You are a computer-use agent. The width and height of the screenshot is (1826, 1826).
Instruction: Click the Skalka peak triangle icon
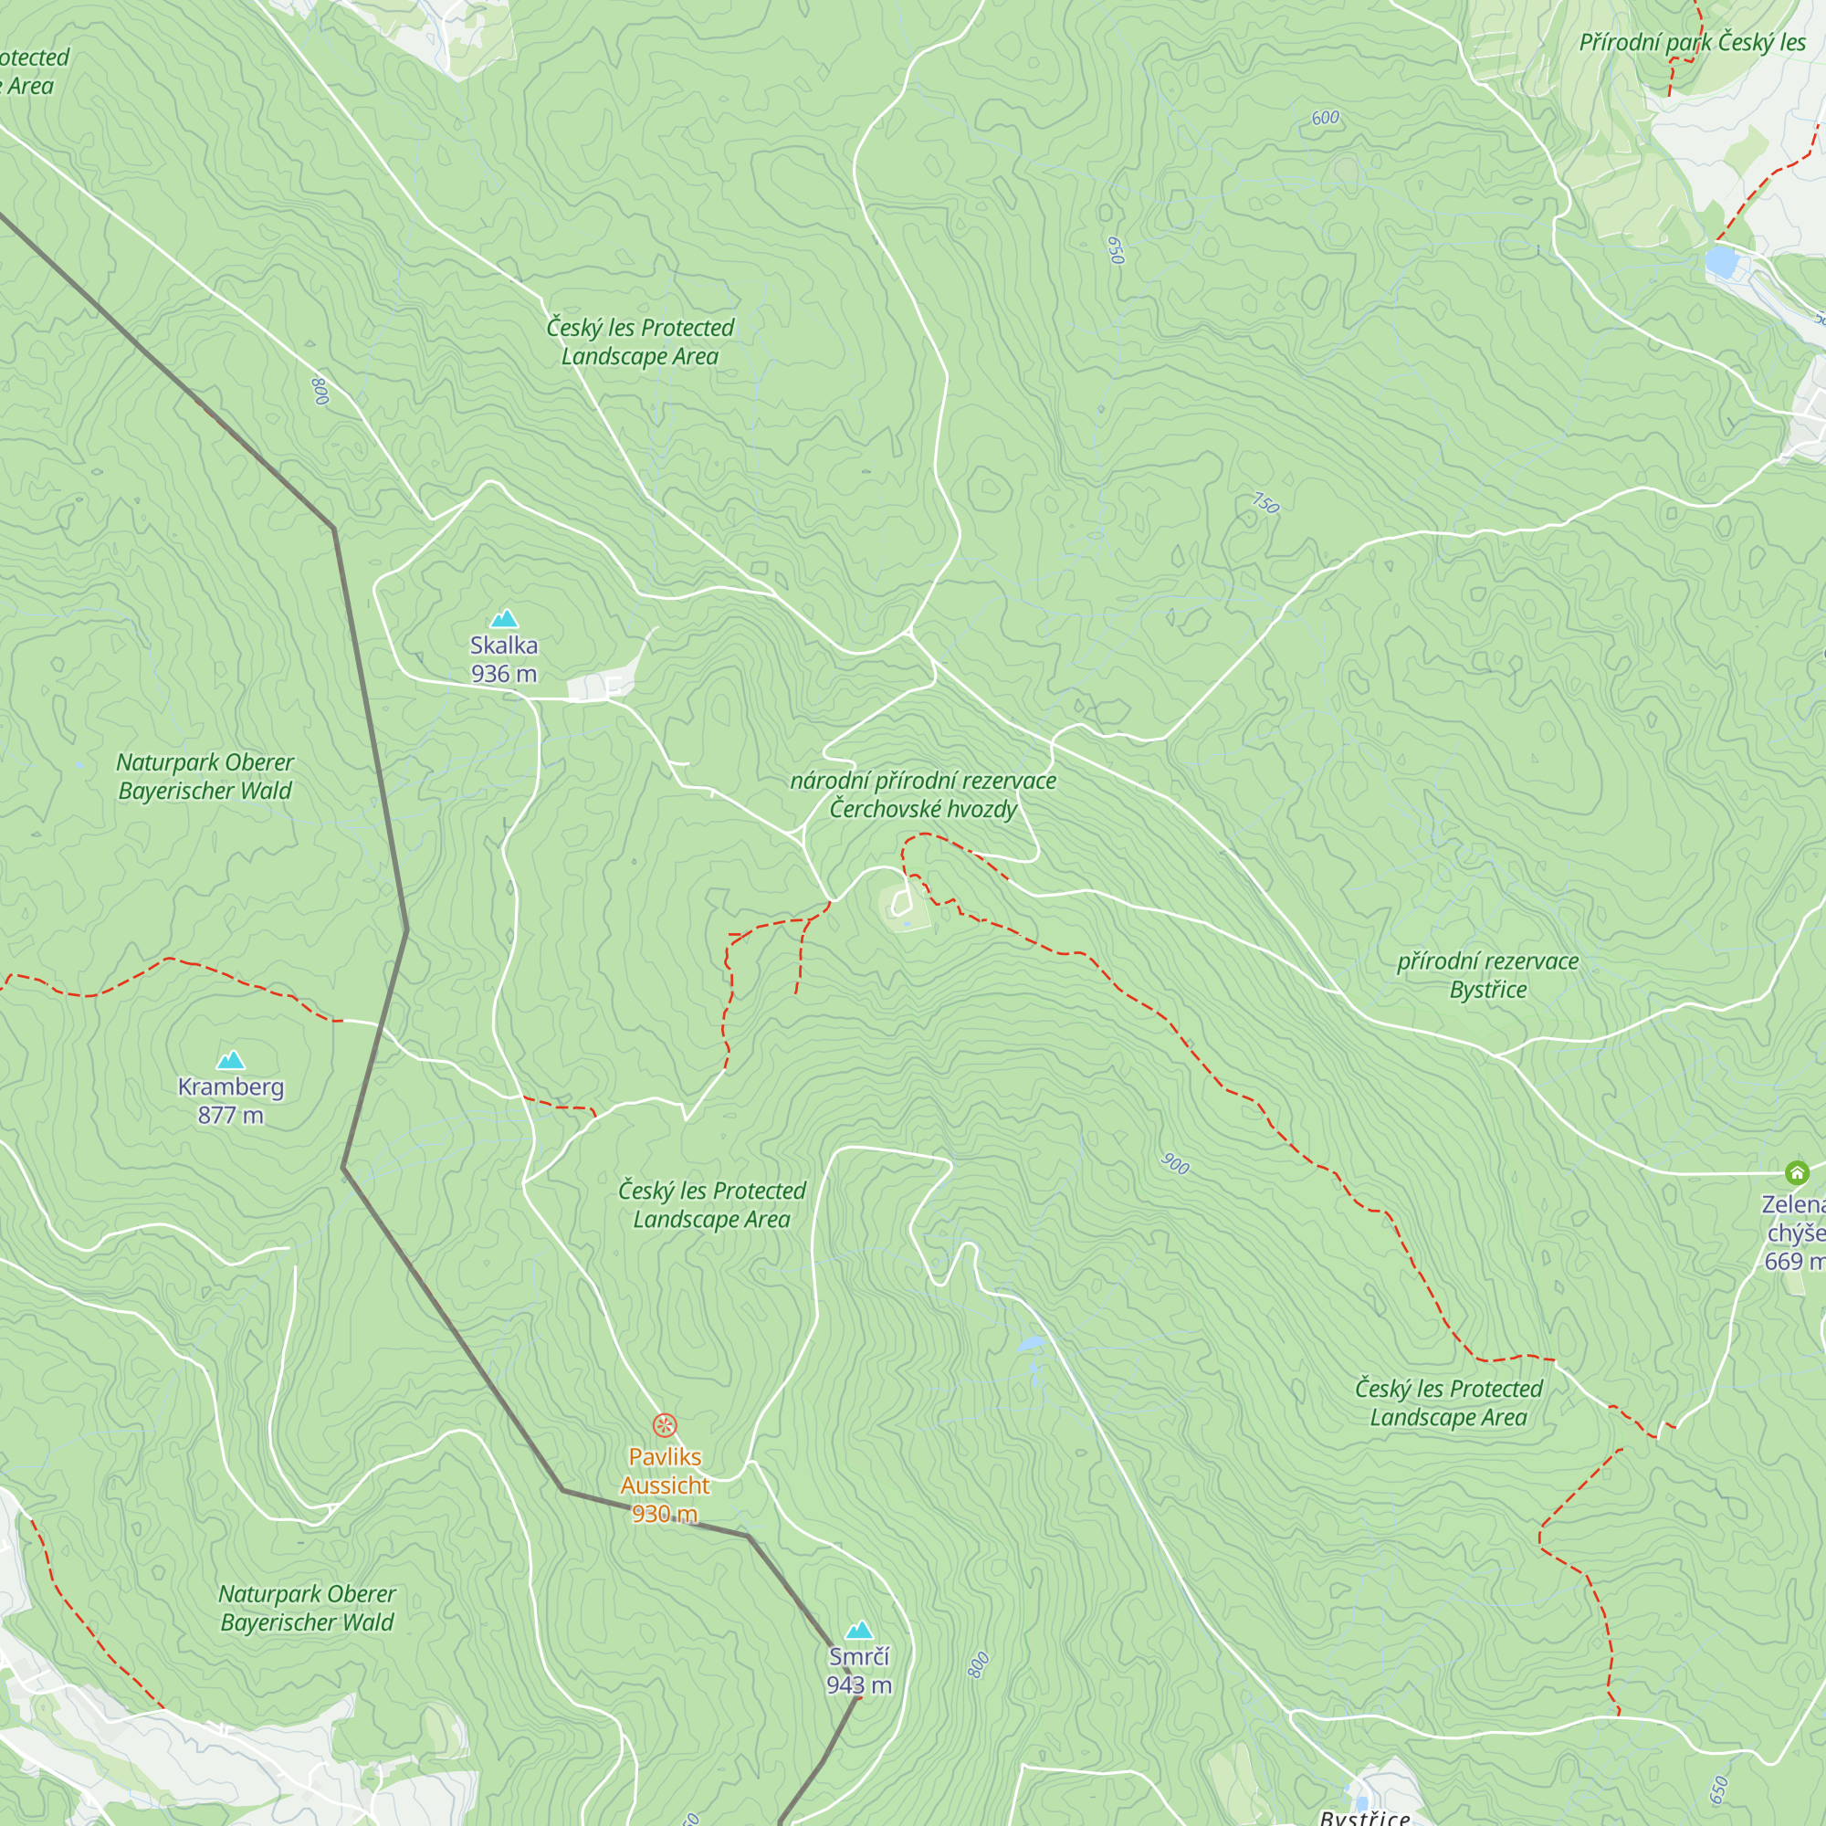(504, 619)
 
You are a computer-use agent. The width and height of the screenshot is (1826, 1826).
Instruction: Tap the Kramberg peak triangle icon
(231, 1060)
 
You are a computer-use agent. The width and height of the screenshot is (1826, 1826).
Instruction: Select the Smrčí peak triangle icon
(859, 1631)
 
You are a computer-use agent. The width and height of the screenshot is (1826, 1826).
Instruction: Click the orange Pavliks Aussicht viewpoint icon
(666, 1424)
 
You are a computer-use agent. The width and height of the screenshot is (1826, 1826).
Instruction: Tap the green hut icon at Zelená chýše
(1797, 1174)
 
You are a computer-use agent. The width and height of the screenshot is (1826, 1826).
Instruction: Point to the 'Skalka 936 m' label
(504, 660)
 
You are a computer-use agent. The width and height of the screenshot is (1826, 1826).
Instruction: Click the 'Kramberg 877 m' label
(231, 1101)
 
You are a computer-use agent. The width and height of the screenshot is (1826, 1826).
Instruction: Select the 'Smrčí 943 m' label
(859, 1671)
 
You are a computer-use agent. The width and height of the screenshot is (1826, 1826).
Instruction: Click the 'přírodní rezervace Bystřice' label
(1487, 975)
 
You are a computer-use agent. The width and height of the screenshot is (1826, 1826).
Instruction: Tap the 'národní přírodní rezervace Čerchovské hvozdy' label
(922, 795)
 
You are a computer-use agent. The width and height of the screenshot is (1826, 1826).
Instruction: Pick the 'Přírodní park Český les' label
(1692, 43)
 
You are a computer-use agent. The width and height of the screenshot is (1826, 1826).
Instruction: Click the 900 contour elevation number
(1175, 1164)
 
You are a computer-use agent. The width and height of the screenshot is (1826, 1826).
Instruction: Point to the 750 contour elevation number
(1265, 504)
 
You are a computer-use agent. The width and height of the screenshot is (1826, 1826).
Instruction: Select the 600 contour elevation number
(1325, 118)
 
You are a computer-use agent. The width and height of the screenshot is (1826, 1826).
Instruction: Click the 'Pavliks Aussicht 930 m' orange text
(666, 1485)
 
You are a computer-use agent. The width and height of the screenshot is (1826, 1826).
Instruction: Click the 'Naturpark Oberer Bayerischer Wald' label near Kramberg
(205, 776)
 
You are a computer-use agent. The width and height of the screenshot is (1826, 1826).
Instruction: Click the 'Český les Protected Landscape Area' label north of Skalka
(640, 342)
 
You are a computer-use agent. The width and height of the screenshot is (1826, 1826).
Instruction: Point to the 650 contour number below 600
(1116, 250)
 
